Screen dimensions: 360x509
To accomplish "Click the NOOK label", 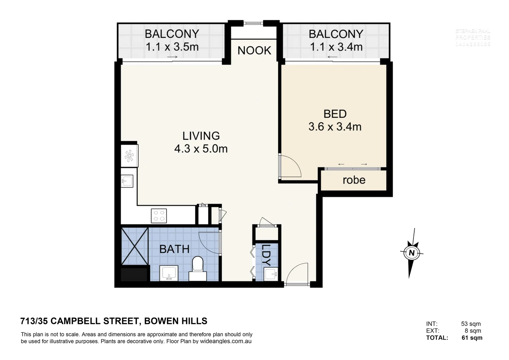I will click(254, 50).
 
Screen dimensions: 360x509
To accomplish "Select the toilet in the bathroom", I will click(198, 268).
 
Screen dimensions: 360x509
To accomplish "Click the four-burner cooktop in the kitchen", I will click(159, 215).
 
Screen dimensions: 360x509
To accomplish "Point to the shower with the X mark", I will click(135, 246).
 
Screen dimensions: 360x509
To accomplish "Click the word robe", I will click(354, 180).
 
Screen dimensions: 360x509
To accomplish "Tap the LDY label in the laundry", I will click(266, 255).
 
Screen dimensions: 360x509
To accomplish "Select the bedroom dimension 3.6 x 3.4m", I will click(335, 127).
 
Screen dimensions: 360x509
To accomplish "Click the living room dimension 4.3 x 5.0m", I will click(201, 148).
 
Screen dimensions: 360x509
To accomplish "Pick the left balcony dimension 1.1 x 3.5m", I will click(172, 47).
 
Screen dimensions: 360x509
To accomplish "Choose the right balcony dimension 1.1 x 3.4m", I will click(336, 47).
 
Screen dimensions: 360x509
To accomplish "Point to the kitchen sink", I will click(127, 181).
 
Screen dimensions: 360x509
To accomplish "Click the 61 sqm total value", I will click(472, 338).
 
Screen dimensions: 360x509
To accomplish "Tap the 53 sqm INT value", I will click(471, 324).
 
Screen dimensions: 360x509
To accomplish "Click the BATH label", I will click(174, 249).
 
